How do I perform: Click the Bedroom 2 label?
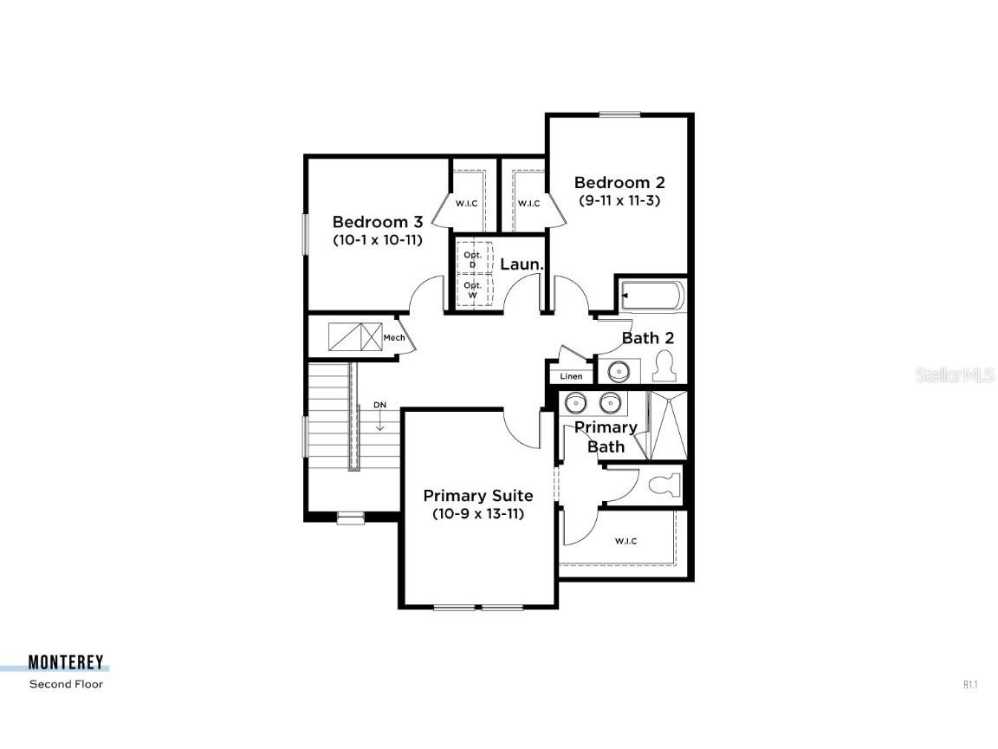(619, 182)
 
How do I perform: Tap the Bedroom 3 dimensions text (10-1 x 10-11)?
(378, 240)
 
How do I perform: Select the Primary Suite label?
(478, 496)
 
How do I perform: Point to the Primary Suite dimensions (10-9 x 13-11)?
(478, 513)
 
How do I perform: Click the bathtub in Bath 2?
(652, 296)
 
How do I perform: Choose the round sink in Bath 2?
(619, 371)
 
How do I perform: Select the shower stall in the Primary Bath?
(668, 424)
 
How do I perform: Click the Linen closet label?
(572, 376)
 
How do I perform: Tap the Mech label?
(394, 337)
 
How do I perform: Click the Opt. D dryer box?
(472, 258)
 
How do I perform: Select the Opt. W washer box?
(472, 290)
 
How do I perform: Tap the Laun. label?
(522, 264)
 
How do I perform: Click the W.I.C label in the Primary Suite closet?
(625, 541)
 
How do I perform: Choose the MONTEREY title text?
(66, 663)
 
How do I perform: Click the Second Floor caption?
(66, 684)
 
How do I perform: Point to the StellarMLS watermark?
(944, 375)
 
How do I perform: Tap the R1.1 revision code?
(970, 685)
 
